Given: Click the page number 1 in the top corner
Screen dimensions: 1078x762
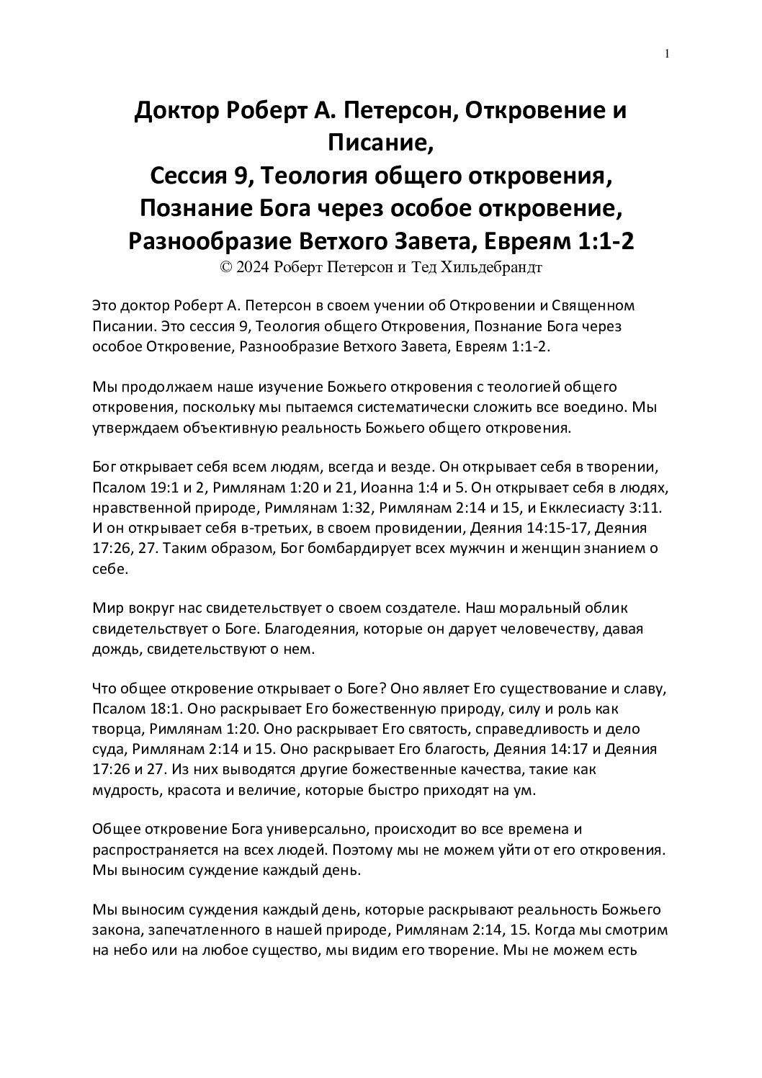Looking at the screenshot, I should [668, 54].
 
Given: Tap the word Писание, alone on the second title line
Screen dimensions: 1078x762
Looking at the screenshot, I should [381, 143].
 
